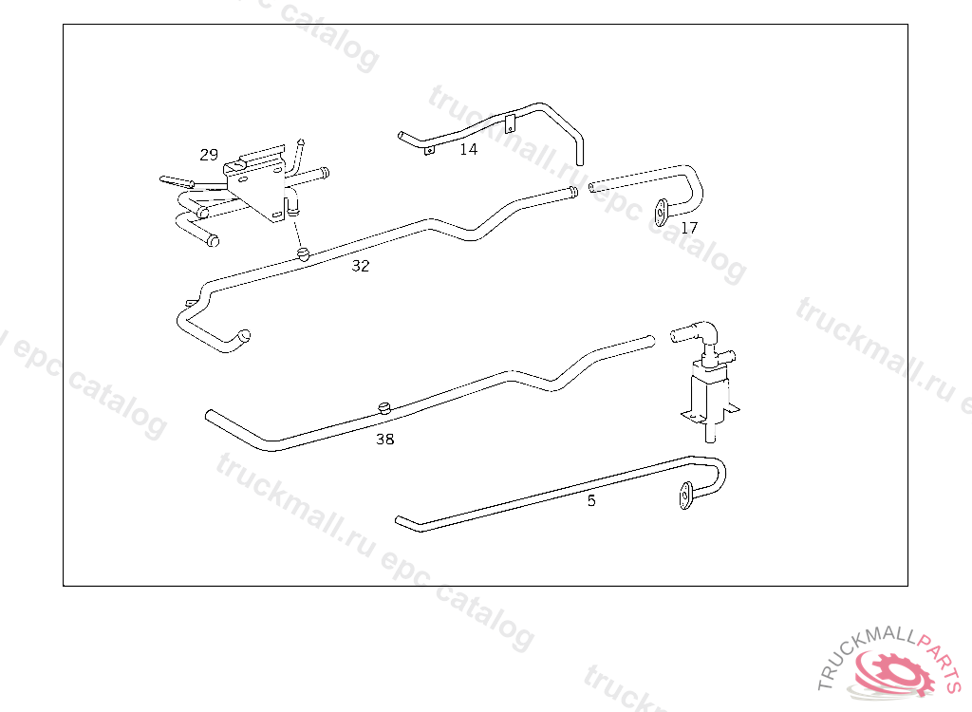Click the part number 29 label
[209, 155]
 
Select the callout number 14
[469, 149]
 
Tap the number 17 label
[689, 228]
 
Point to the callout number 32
[361, 266]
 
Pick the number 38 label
[384, 439]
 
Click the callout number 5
[591, 500]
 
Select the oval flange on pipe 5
[683, 497]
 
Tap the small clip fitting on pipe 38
[384, 407]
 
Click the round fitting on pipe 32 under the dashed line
[303, 253]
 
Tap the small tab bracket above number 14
[510, 122]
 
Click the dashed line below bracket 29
[297, 234]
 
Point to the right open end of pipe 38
[649, 338]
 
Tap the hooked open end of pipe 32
[244, 335]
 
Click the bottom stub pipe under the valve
[709, 433]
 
